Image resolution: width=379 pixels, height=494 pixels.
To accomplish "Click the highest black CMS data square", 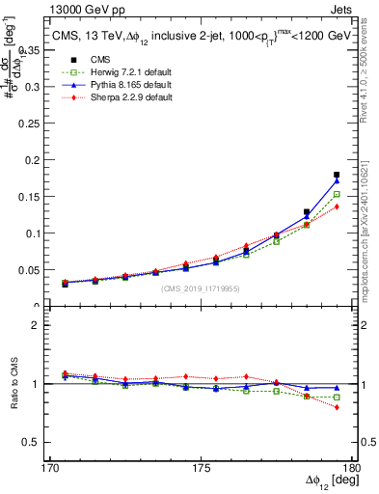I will (337, 175).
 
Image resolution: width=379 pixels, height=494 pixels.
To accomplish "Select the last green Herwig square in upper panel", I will (337, 194).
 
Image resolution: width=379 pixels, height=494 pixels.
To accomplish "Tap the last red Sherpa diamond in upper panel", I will (337, 206).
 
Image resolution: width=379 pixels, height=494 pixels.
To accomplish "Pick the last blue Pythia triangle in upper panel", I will (337, 181).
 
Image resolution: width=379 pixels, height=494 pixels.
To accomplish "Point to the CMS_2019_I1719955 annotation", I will (201, 288).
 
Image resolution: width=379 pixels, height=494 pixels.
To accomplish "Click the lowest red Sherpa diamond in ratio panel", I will (337, 407).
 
